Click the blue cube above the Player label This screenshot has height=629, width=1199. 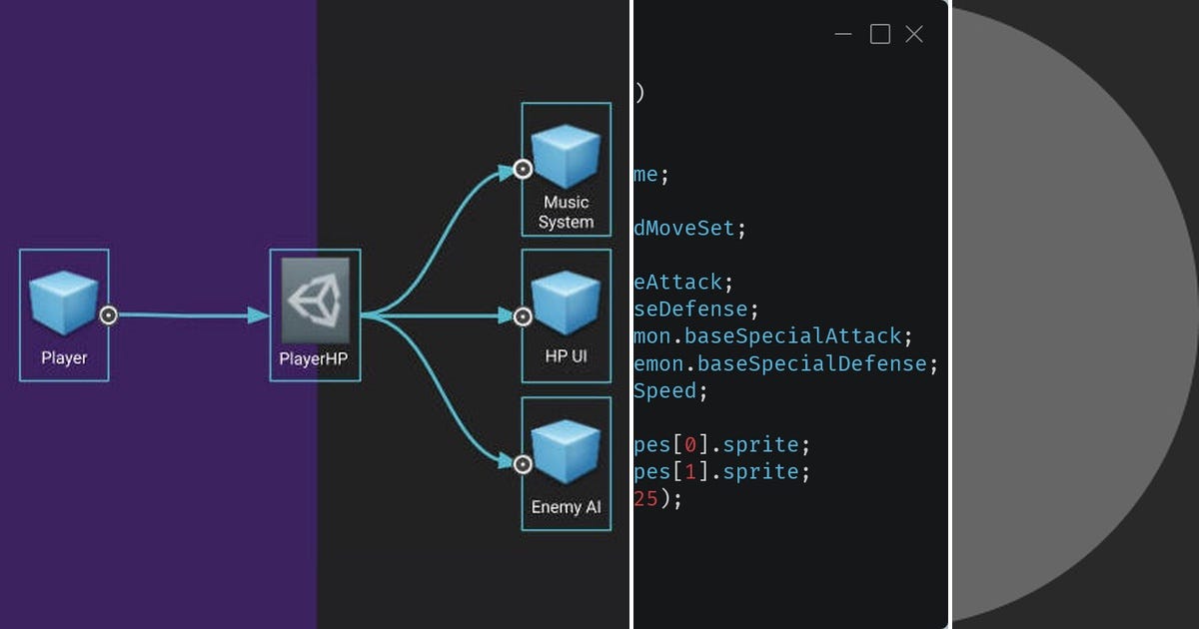(64, 304)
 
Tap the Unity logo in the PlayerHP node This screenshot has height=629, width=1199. (315, 301)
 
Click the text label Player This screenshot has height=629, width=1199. (64, 357)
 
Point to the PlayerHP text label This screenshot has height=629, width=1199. (315, 358)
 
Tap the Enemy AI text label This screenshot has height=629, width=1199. (566, 507)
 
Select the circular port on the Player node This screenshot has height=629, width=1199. (109, 315)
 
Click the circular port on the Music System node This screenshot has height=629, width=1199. (522, 169)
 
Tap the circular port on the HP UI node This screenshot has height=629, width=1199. (522, 316)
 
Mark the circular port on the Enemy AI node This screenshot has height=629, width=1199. (522, 463)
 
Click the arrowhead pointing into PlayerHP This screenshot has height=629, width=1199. (259, 315)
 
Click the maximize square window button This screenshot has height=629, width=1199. (879, 35)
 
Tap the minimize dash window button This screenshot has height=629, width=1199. (843, 35)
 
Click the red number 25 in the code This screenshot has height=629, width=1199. (645, 498)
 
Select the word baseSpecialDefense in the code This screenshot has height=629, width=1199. (812, 363)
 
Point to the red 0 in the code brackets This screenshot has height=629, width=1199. (690, 444)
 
